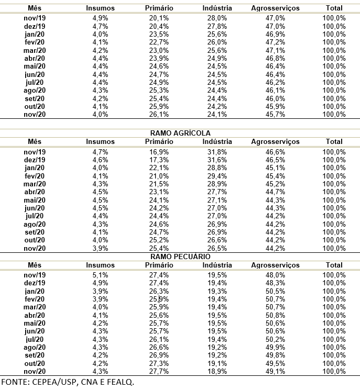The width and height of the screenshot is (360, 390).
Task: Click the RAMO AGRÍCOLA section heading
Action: (180, 133)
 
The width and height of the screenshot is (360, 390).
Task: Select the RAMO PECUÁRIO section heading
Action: (180, 257)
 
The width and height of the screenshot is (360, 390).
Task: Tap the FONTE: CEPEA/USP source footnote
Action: (67, 382)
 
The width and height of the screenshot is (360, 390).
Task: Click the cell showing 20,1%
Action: (159, 18)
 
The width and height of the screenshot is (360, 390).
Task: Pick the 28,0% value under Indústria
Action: (216, 18)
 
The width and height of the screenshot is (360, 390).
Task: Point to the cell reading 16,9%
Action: (159, 152)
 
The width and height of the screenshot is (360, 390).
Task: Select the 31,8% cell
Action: (216, 152)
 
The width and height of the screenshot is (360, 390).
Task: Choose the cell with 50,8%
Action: (275, 315)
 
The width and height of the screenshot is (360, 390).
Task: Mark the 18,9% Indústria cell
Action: (216, 371)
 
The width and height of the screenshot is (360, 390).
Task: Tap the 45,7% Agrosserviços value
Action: (275, 115)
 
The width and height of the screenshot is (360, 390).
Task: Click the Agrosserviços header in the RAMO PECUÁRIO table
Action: (275, 266)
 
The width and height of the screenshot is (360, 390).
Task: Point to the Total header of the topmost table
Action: (334, 8)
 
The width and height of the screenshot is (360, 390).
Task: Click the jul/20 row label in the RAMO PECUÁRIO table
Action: (35, 339)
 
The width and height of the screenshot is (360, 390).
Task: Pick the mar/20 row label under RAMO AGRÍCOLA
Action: (35, 184)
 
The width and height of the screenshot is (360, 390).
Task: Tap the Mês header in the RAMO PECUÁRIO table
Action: (35, 266)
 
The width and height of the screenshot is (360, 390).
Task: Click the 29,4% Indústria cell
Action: (216, 176)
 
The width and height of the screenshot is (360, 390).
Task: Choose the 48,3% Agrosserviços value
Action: (275, 283)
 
